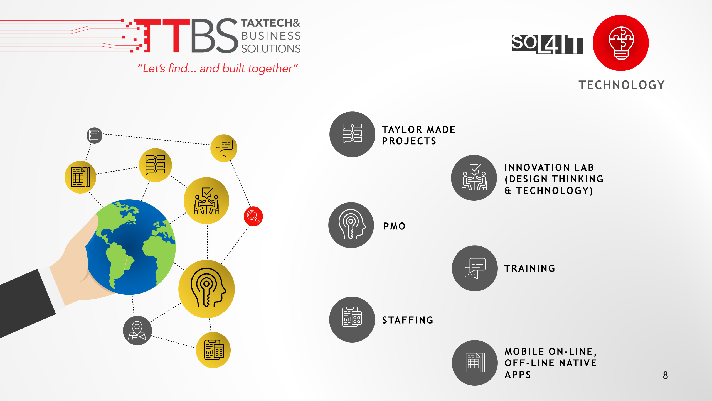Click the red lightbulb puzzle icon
click(x=621, y=43)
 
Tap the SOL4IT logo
click(x=547, y=44)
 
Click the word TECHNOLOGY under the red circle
click(x=622, y=85)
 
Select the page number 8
click(x=665, y=375)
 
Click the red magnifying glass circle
click(x=253, y=216)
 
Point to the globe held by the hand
click(x=130, y=247)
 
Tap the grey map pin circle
click(x=137, y=331)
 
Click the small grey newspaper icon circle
click(x=95, y=136)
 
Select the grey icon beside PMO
click(x=351, y=225)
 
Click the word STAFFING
click(x=408, y=320)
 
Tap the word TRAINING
click(x=530, y=268)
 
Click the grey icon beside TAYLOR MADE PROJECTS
click(x=352, y=134)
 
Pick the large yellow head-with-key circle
click(x=206, y=289)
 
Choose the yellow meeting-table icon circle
click(x=206, y=200)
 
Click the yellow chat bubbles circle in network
click(x=224, y=148)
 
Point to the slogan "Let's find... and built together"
click(x=218, y=68)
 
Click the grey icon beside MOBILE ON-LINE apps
click(x=475, y=363)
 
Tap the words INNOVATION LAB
click(x=549, y=167)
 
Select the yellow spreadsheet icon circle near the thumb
click(x=80, y=177)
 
